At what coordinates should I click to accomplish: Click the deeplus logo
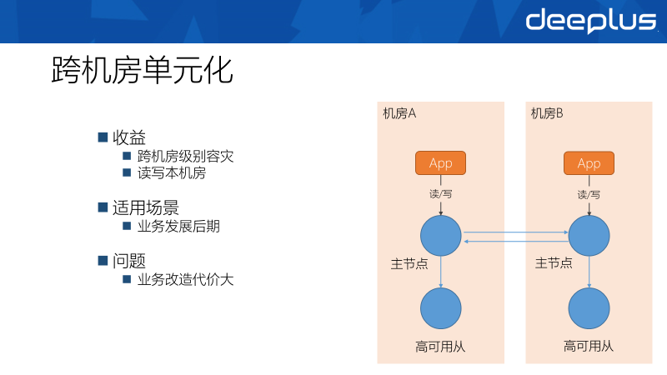point(590,21)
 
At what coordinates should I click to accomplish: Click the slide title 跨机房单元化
point(142,71)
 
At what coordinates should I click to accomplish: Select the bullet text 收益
point(129,137)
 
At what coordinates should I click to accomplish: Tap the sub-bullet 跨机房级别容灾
point(186,156)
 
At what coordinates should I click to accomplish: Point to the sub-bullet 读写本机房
point(171,173)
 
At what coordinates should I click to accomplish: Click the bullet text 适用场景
point(146,207)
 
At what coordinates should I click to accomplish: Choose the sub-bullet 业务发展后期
point(178,226)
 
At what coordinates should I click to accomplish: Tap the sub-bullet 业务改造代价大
point(186,279)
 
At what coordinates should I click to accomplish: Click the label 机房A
point(399,114)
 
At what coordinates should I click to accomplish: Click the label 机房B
point(548,114)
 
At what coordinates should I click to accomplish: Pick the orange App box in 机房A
point(440,163)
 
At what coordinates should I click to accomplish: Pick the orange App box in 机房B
point(589,163)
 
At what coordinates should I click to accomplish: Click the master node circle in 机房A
point(440,236)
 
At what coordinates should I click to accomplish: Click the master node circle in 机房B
point(589,236)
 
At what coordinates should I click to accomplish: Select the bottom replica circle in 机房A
point(440,308)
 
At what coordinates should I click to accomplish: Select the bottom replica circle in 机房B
point(589,308)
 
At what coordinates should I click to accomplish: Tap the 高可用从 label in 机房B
point(589,346)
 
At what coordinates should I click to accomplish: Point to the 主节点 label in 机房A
point(409,263)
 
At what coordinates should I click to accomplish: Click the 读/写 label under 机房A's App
point(440,194)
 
